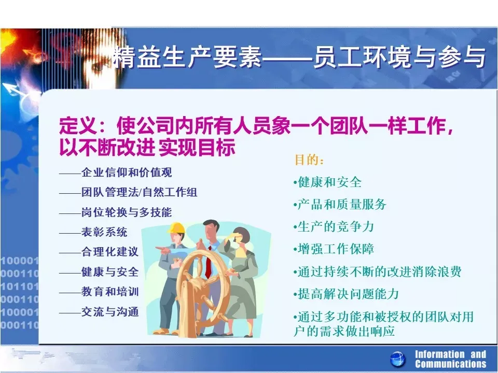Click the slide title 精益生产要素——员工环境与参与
click(x=299, y=58)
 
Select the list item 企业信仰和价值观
click(x=127, y=173)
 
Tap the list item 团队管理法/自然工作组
click(x=140, y=192)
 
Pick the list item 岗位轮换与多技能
click(x=127, y=212)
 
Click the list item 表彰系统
click(x=104, y=232)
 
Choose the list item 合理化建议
click(x=110, y=252)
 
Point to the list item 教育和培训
click(x=110, y=292)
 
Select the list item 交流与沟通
click(x=110, y=311)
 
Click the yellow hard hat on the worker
click(x=176, y=228)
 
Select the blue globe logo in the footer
click(x=398, y=360)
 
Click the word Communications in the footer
click(x=450, y=364)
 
